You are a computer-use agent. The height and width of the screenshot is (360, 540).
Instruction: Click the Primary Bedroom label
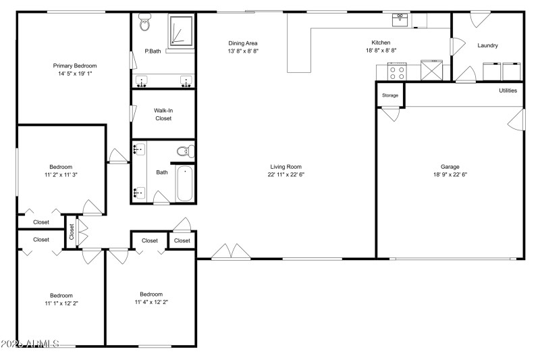click(x=75, y=66)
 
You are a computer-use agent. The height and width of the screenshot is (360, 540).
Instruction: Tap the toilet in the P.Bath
click(x=144, y=24)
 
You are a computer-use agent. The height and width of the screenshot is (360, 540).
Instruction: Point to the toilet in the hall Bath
click(x=184, y=151)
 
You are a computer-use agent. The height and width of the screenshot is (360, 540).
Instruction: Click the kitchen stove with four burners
click(x=396, y=71)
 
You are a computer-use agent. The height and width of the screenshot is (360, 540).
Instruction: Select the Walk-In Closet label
click(x=163, y=114)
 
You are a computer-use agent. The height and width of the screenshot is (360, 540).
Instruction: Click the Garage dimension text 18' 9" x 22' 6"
click(x=450, y=174)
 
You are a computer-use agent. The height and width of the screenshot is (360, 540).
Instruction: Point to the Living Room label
click(x=286, y=166)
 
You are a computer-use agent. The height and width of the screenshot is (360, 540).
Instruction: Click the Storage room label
click(x=390, y=95)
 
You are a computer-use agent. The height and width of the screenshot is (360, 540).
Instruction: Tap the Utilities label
click(x=508, y=91)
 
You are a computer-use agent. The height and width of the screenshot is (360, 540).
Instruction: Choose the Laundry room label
click(x=487, y=46)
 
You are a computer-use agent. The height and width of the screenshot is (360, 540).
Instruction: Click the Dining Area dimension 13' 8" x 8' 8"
click(x=242, y=51)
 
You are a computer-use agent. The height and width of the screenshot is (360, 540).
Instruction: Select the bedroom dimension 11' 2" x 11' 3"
click(x=61, y=174)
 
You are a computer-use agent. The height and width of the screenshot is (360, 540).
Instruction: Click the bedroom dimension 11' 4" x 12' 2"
click(x=151, y=302)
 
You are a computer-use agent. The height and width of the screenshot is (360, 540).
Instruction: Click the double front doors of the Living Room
click(x=231, y=252)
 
